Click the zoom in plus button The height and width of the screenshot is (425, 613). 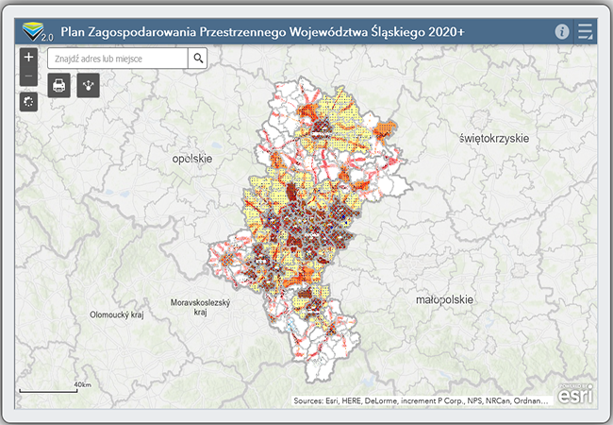[28, 58]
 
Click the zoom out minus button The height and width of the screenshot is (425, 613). [28, 76]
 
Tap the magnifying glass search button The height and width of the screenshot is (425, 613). [198, 58]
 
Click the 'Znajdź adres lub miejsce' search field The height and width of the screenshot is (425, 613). [118, 58]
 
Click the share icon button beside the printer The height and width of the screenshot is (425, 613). [89, 85]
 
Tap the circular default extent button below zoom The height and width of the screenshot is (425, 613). [28, 101]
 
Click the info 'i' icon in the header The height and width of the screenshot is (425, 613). [562, 31]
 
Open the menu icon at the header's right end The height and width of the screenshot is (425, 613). [586, 31]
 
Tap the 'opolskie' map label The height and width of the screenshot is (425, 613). [192, 159]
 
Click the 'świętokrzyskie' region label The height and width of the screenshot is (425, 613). [493, 138]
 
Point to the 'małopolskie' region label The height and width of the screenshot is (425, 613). [445, 299]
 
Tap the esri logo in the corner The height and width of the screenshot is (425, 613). [574, 396]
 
